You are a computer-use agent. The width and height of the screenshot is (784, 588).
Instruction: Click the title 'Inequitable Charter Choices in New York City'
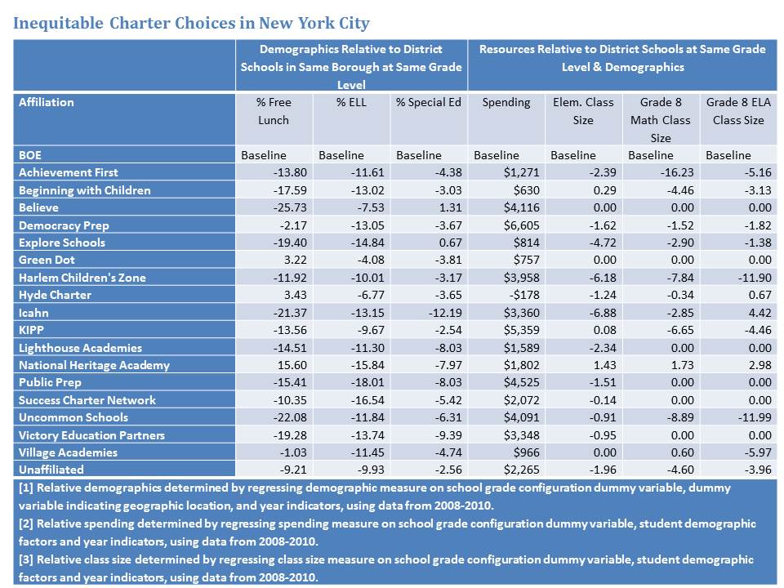pyautogui.click(x=191, y=23)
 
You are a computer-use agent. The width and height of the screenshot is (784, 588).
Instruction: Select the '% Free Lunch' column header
pyautogui.click(x=274, y=111)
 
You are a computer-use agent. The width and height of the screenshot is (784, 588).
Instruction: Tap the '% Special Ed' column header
pyautogui.click(x=429, y=102)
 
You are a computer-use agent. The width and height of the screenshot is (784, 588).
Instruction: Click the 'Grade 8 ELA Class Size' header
pyautogui.click(x=737, y=111)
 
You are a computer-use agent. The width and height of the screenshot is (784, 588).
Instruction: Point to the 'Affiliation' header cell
pyautogui.click(x=47, y=102)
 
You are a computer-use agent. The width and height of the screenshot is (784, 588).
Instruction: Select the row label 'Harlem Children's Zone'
pyautogui.click(x=82, y=278)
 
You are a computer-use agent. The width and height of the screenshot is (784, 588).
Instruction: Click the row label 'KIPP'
pyautogui.click(x=32, y=330)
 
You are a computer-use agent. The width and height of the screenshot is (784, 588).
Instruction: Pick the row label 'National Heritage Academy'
pyautogui.click(x=94, y=365)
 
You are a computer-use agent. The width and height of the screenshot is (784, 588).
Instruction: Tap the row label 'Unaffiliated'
pyautogui.click(x=51, y=470)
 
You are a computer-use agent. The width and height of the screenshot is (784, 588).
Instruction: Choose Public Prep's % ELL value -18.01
pyautogui.click(x=367, y=382)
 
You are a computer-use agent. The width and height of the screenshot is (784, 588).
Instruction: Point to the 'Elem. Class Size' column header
pyautogui.click(x=582, y=111)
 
